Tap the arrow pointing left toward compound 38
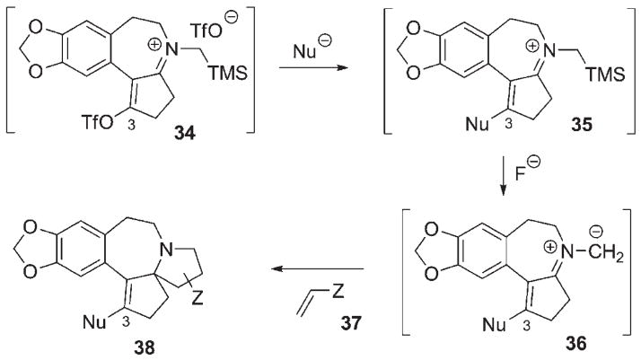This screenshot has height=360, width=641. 323,268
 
